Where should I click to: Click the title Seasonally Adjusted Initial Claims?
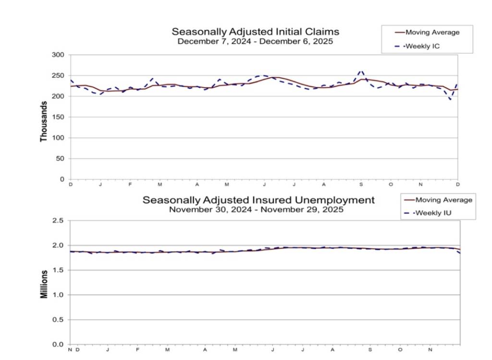pos(255,32)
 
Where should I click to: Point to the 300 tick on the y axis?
pos(58,55)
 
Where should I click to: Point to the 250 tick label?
pos(58,76)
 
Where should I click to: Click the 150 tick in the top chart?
pos(58,117)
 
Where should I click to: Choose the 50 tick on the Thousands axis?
pos(60,158)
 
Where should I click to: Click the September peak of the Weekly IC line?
pos(361,71)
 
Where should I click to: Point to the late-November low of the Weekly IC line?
pos(450,99)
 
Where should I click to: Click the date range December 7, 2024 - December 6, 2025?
pos(255,41)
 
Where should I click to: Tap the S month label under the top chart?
pos(361,185)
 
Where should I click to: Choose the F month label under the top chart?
pos(130,185)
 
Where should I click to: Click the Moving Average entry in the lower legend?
pos(443,200)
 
